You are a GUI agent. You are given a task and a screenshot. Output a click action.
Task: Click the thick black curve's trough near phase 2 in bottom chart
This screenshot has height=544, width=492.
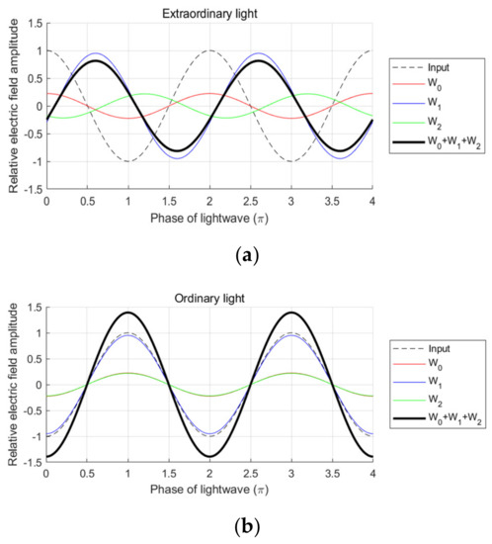(208, 458)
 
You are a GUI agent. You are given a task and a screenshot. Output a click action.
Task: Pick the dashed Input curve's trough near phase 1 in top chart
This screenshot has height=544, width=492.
(127, 161)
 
